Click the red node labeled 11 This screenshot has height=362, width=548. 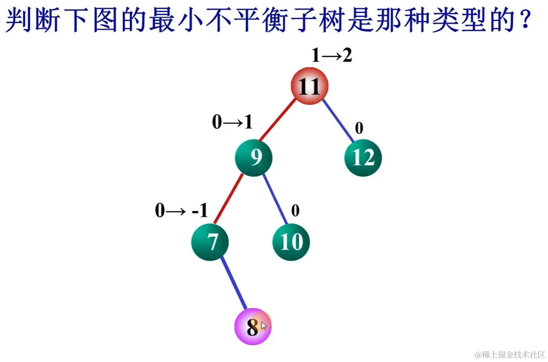(x=310, y=86)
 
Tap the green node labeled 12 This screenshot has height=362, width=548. (x=363, y=158)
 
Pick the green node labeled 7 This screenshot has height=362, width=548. (x=211, y=242)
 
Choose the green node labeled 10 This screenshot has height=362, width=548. (x=291, y=242)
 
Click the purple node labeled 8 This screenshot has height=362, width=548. (x=252, y=327)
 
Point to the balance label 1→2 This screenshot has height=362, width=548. (x=331, y=55)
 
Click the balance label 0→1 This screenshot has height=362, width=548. (x=232, y=122)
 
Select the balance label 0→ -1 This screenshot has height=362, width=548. (x=181, y=211)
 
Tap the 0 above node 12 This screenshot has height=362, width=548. (x=359, y=128)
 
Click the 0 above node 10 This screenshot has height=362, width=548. (x=295, y=211)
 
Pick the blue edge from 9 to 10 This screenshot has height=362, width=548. (x=275, y=199)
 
